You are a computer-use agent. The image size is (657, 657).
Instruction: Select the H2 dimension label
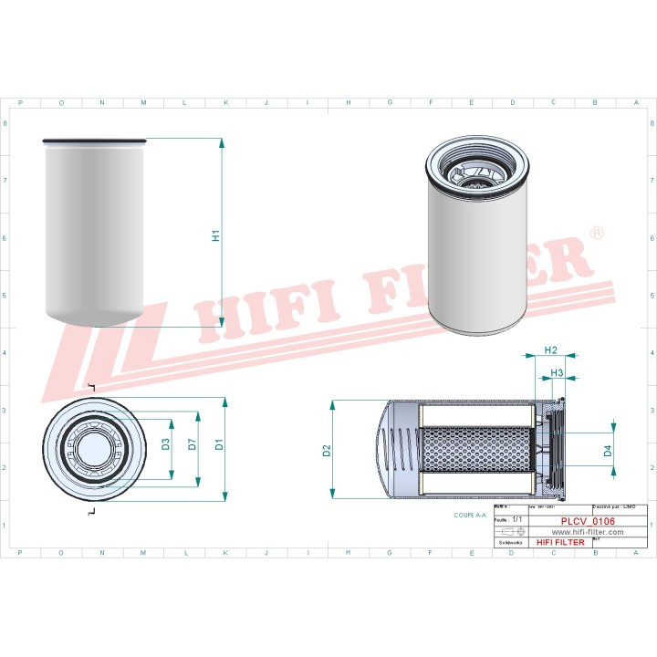pyautogui.click(x=550, y=350)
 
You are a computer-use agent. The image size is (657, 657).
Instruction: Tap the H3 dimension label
pyautogui.click(x=557, y=373)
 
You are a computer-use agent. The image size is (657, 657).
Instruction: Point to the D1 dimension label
pyautogui.click(x=219, y=446)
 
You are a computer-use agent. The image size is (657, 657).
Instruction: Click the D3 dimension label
pyautogui.click(x=166, y=445)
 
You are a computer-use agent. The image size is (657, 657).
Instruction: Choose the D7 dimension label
pyautogui.click(x=192, y=445)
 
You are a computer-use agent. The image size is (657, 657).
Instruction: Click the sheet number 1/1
pyautogui.click(x=517, y=518)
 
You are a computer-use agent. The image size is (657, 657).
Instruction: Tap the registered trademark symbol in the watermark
pyautogui.click(x=598, y=235)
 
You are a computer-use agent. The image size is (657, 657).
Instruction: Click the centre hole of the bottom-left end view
pyautogui.click(x=92, y=449)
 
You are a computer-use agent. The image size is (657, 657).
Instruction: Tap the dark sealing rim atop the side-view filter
pyautogui.click(x=94, y=141)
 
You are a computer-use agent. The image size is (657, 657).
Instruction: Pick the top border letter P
pyautogui.click(x=21, y=103)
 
